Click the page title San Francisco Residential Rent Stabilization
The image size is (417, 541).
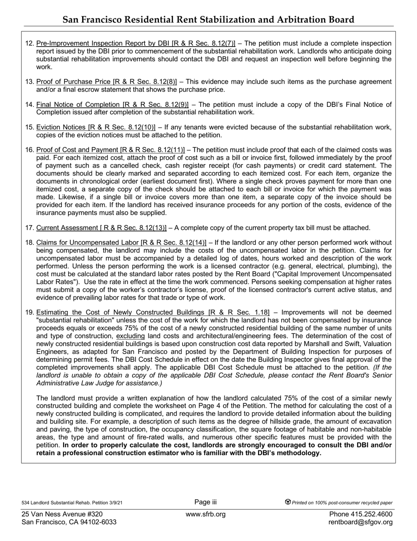[208, 19]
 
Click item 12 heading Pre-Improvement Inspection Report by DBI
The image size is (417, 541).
[136, 43]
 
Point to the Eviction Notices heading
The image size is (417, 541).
[96, 128]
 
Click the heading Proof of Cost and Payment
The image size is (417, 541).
[111, 150]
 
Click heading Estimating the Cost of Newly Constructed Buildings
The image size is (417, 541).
[153, 312]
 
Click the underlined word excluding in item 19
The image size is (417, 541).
[130, 336]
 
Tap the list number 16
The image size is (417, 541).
[29, 150]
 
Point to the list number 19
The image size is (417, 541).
[29, 312]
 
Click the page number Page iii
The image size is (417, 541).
[205, 502]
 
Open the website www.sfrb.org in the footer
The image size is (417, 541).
[205, 514]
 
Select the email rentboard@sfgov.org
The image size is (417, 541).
[360, 522]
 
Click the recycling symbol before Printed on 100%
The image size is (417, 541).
[288, 502]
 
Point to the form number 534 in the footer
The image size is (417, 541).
[25, 503]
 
